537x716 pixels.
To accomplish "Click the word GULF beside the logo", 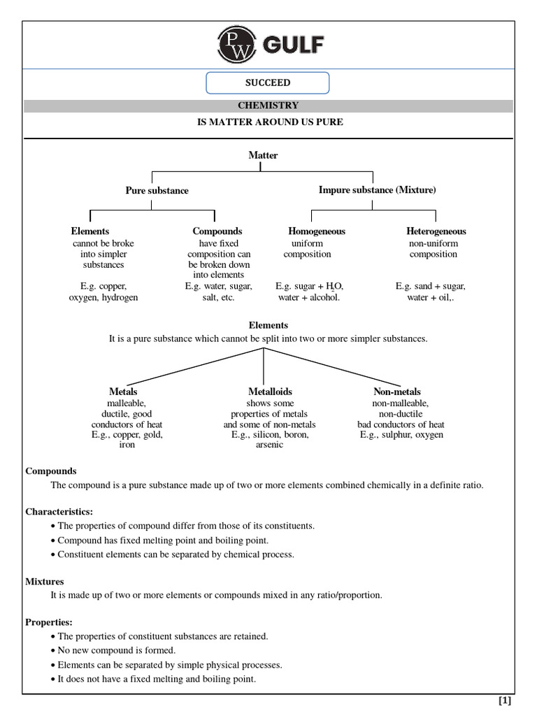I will (293, 45).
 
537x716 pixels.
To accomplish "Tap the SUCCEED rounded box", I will (267, 83).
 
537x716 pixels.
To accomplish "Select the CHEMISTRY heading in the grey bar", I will (268, 106).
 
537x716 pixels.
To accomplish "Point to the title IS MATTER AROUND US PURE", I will (268, 122).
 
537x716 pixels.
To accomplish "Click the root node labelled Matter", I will (263, 155).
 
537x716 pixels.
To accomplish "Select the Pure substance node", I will (157, 190).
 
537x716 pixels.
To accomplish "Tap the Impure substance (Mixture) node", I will (377, 190).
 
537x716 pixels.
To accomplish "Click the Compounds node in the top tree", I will (217, 231).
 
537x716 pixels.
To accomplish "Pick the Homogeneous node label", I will (317, 231).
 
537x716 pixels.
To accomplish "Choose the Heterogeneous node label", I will (436, 231).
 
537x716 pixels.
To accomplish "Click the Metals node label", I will (123, 392).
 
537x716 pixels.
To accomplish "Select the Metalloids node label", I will (270, 392).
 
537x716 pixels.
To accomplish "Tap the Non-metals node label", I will (397, 392).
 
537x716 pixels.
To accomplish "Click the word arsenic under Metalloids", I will (269, 445).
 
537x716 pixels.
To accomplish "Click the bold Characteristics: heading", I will (59, 512).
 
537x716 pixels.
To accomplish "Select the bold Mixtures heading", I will (45, 581).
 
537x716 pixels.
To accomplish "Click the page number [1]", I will (505, 701).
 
